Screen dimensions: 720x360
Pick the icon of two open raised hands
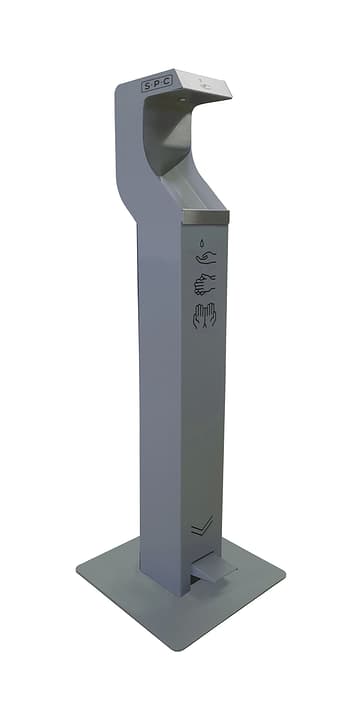tap(204, 316)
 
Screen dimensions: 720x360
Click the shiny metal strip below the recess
tap(206, 217)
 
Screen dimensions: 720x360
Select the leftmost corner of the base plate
tap(79, 572)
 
